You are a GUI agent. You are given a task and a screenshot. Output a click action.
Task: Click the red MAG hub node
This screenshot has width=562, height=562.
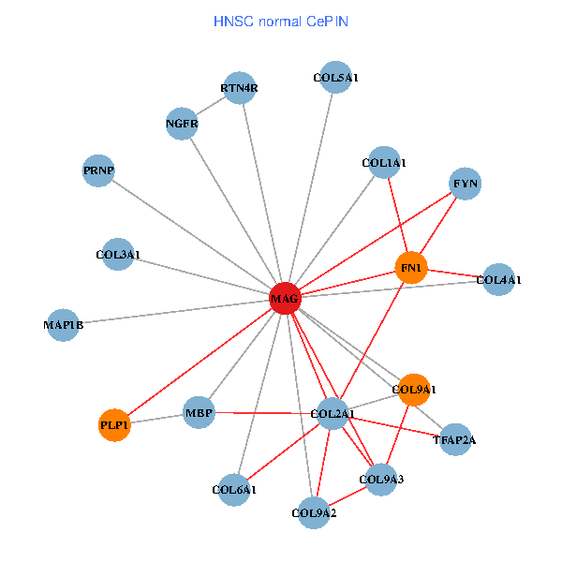(x=285, y=299)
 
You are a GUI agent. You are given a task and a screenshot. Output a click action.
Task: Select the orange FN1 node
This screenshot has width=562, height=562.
(x=411, y=269)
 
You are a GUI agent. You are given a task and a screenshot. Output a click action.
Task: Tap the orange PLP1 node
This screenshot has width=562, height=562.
(x=114, y=425)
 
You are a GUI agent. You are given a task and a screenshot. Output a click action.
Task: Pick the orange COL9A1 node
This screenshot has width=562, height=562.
(x=414, y=389)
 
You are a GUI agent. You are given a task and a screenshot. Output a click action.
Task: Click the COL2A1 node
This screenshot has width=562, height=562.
(x=333, y=413)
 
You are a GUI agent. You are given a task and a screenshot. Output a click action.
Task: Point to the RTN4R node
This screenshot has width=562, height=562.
(x=239, y=89)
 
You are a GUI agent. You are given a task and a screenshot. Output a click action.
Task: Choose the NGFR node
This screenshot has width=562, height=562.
(x=182, y=124)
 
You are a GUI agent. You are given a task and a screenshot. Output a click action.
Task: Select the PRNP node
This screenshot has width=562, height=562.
(x=98, y=170)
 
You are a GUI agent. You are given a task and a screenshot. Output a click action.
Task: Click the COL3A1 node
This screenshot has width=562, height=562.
(x=118, y=254)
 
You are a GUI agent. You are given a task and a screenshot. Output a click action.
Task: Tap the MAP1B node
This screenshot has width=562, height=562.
(x=64, y=325)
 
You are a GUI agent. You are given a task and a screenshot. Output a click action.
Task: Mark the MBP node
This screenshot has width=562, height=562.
(x=199, y=412)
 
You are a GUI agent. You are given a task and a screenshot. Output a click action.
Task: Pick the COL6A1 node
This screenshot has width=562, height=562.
(x=235, y=489)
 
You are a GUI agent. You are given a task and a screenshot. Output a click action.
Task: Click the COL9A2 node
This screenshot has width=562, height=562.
(x=315, y=512)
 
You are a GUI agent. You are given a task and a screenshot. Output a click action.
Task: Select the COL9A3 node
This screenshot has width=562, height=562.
(x=381, y=481)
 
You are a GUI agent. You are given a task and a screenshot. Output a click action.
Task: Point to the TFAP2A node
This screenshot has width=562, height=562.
(x=454, y=439)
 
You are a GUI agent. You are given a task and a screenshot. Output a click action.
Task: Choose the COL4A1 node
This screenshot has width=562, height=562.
(x=498, y=279)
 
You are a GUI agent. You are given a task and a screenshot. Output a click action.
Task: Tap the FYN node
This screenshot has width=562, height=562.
(x=466, y=184)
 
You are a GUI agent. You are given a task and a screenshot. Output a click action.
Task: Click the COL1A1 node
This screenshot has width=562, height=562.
(x=384, y=163)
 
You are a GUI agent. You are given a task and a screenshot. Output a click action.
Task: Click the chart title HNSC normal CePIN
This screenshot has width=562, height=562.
(x=281, y=21)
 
